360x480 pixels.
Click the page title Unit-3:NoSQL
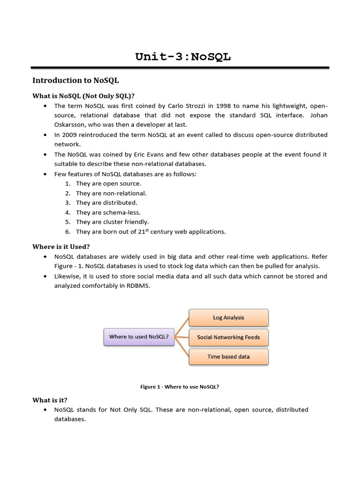[x=183, y=57]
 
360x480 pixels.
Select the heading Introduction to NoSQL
[x=75, y=81]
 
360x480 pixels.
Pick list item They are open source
[x=108, y=183]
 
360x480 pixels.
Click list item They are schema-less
[x=108, y=212]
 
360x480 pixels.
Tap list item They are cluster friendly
[x=112, y=222]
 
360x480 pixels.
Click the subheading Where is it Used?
[x=61, y=247]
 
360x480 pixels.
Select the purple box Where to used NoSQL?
[x=139, y=337]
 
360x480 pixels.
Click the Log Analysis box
[x=228, y=317]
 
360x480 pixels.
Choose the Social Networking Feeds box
[x=228, y=337]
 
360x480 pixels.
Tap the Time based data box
[x=228, y=357]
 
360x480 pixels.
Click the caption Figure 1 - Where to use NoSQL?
[x=180, y=387]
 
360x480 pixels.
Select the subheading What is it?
[x=50, y=400]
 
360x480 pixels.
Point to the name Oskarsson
[x=70, y=124]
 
